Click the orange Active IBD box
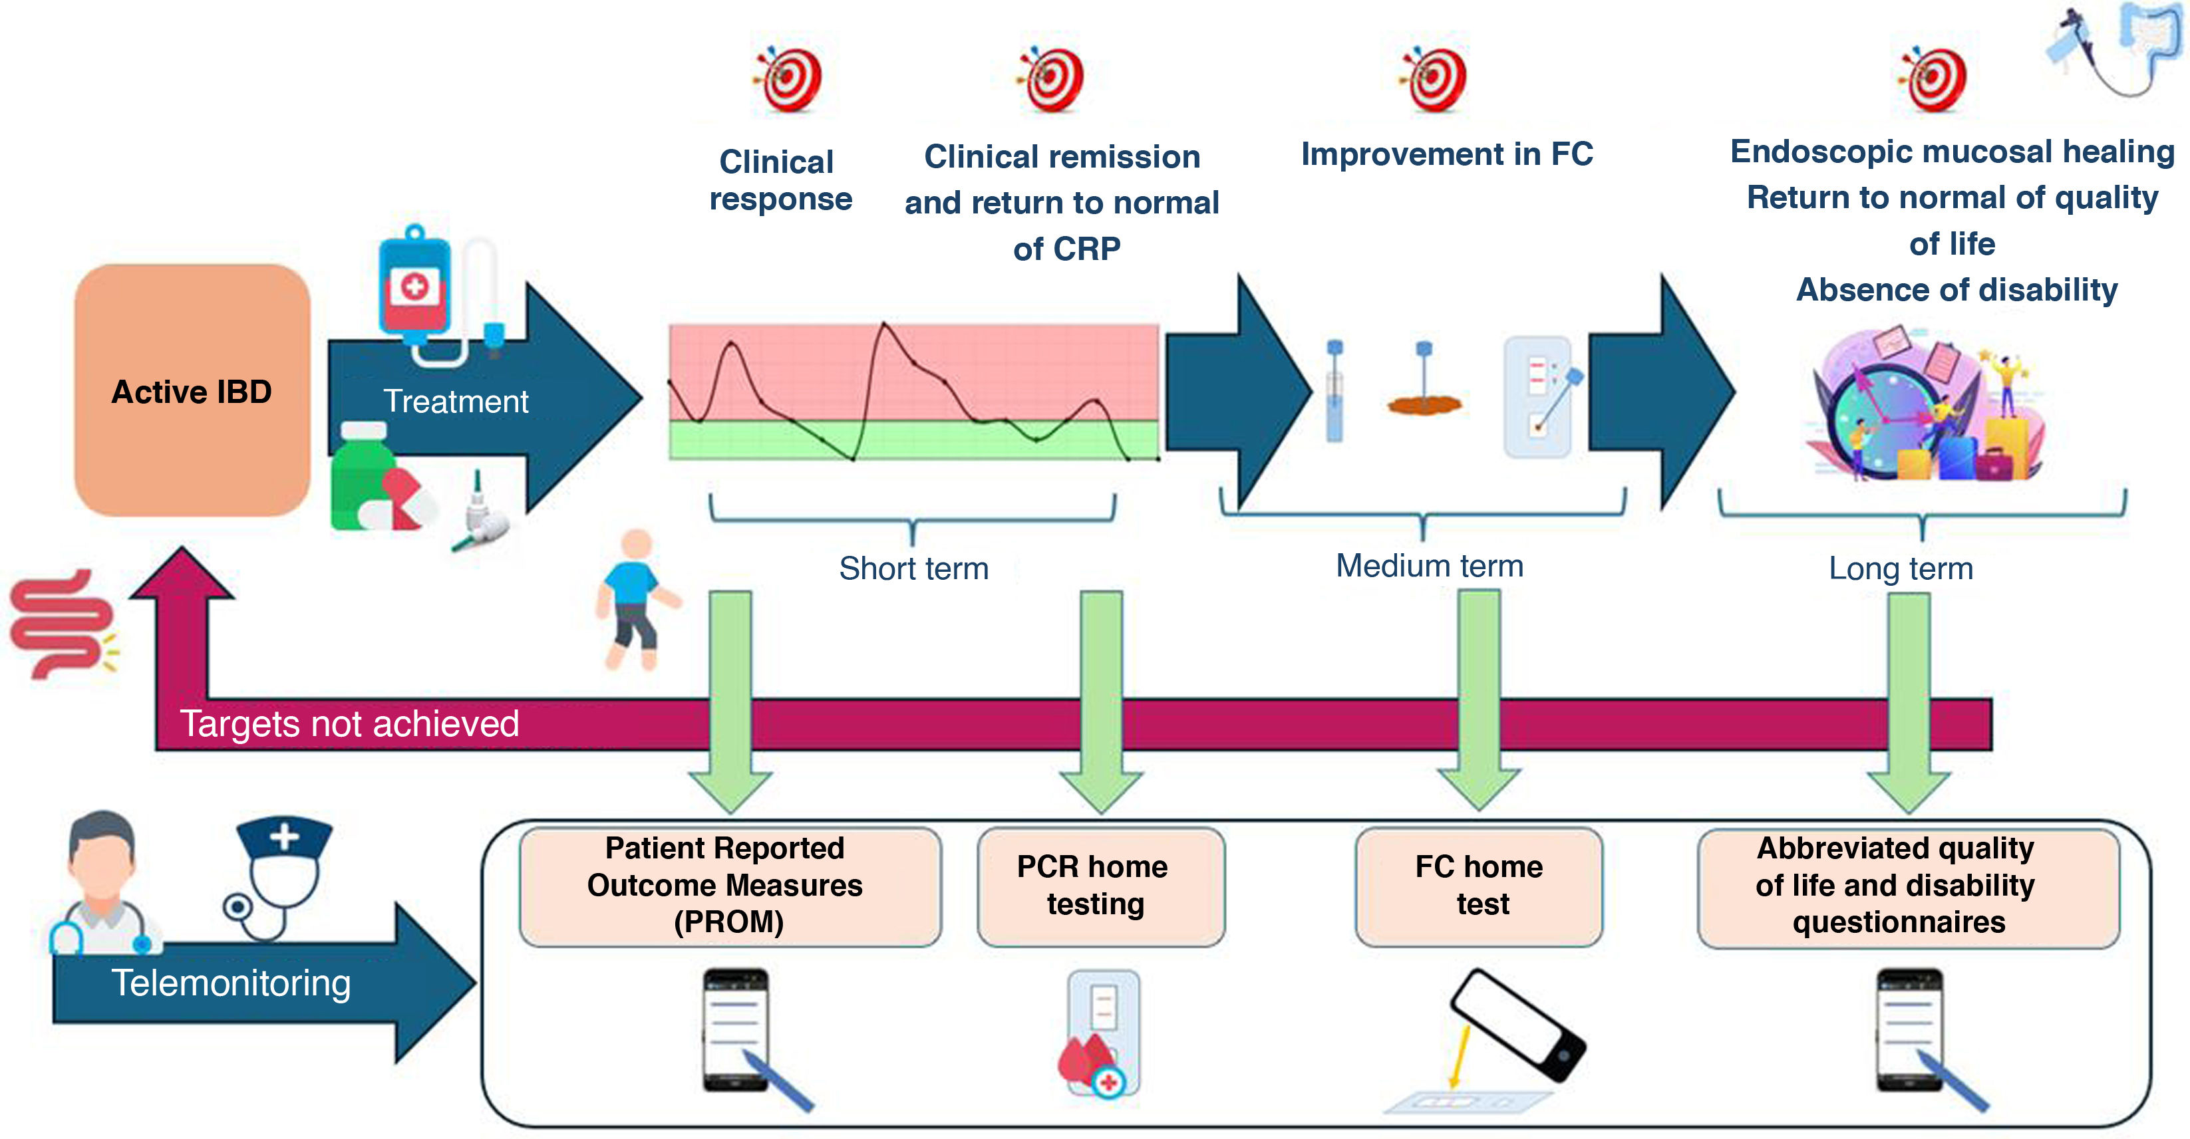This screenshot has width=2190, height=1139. (x=192, y=391)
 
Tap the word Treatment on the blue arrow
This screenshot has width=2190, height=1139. (x=456, y=401)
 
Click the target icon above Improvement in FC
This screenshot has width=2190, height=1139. (x=1435, y=79)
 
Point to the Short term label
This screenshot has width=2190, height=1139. (x=914, y=569)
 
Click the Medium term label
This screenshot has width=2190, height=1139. (x=1429, y=566)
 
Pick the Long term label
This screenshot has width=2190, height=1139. (x=1901, y=569)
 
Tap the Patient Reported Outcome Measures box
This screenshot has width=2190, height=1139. (x=729, y=886)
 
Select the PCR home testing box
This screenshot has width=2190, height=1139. (x=1100, y=886)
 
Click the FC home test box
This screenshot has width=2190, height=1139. (x=1480, y=886)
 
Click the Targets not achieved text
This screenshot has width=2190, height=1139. (x=349, y=724)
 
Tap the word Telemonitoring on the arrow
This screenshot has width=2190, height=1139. (x=232, y=983)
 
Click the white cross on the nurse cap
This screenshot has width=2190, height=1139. (x=284, y=836)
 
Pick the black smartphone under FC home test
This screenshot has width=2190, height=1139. (x=1517, y=1024)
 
